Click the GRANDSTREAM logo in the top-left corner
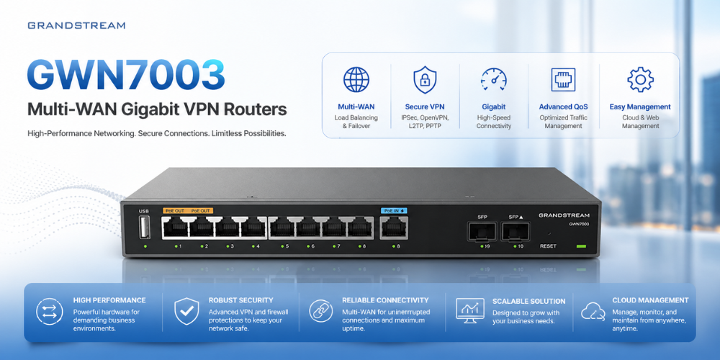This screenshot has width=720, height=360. (x=76, y=25)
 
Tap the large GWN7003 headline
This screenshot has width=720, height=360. (x=126, y=74)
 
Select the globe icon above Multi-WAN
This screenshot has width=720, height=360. (x=356, y=79)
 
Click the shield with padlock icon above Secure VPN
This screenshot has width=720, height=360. (x=424, y=79)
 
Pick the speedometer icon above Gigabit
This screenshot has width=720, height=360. (x=494, y=80)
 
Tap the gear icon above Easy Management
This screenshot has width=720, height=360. (x=640, y=79)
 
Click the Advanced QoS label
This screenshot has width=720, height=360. (x=563, y=107)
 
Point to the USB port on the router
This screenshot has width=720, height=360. (x=144, y=228)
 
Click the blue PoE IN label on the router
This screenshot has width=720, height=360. (x=394, y=211)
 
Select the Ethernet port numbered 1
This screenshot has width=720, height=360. (x=174, y=228)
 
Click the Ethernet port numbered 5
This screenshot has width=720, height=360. (x=282, y=228)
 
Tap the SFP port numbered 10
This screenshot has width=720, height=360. (x=516, y=231)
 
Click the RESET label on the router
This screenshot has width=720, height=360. (x=548, y=246)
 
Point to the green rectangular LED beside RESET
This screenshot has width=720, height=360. (x=581, y=246)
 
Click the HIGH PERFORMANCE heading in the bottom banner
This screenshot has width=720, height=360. (x=109, y=300)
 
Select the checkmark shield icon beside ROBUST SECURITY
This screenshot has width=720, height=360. (x=186, y=311)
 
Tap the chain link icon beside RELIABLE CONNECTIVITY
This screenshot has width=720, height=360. (x=320, y=311)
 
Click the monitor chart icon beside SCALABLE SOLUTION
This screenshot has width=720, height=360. (x=469, y=309)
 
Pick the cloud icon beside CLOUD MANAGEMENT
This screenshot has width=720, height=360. (x=593, y=312)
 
